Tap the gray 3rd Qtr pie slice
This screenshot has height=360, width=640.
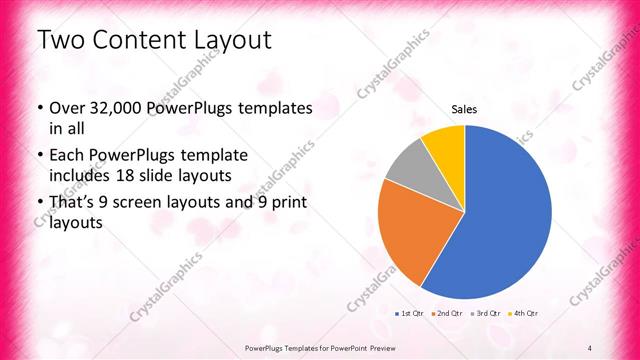pos(407,166)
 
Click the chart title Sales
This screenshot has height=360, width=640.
pos(464,109)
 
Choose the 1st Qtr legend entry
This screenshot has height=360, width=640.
pos(408,314)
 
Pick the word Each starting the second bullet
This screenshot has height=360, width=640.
pos(68,156)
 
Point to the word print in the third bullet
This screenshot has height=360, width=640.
pos(288,204)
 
